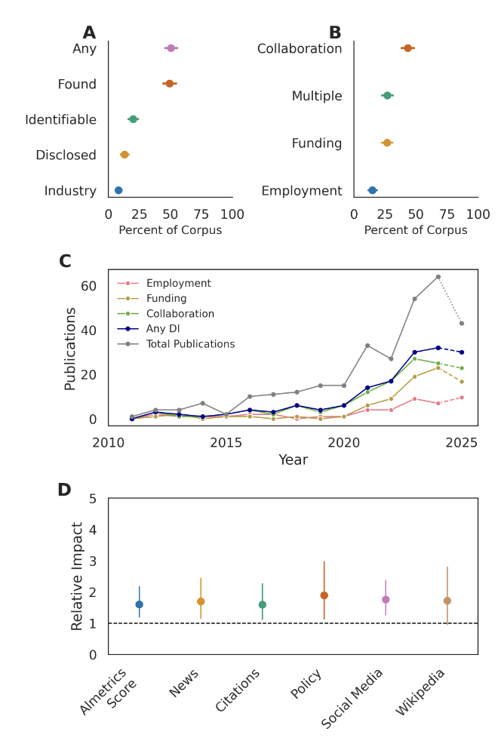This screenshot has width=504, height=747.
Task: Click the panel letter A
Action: (89, 32)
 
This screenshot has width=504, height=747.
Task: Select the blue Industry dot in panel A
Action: (118, 190)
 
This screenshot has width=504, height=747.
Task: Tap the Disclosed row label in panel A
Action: (66, 155)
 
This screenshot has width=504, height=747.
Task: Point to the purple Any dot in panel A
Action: (171, 48)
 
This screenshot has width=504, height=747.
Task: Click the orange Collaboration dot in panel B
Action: (407, 48)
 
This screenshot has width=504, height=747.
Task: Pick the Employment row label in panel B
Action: (302, 191)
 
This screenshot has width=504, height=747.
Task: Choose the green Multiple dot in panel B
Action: (387, 96)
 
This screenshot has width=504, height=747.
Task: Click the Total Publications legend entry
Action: (190, 344)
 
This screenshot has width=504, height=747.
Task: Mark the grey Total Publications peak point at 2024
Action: (438, 277)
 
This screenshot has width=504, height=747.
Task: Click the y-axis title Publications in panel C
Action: (70, 348)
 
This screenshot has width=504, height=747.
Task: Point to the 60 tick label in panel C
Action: (89, 286)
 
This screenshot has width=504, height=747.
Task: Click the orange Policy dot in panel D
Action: (324, 595)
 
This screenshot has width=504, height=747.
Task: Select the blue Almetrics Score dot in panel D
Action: (139, 604)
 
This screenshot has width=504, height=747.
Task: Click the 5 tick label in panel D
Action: (93, 499)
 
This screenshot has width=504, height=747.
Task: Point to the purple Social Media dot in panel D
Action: (386, 600)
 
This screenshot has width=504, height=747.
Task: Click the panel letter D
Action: (65, 490)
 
